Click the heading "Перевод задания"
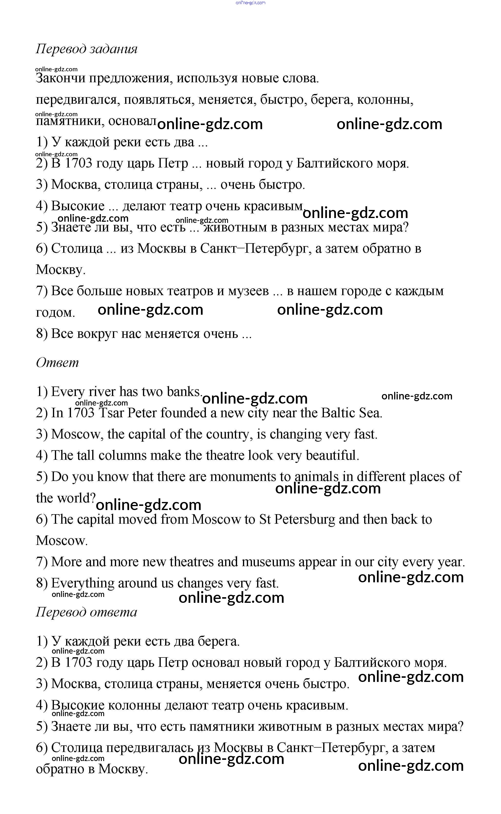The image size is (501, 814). (x=87, y=49)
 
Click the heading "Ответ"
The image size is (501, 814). (x=57, y=363)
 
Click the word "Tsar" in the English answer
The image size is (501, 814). (x=111, y=413)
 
